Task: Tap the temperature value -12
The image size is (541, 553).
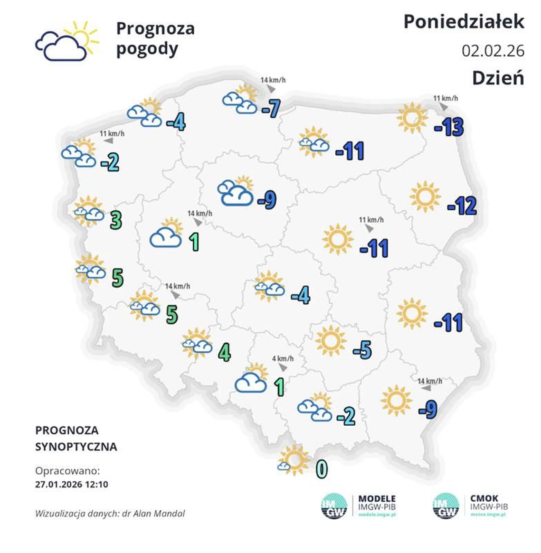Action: [462, 205]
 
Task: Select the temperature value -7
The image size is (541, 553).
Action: [270, 108]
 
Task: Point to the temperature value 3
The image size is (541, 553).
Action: [116, 220]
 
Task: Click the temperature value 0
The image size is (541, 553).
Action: [321, 469]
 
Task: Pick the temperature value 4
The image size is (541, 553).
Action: [224, 352]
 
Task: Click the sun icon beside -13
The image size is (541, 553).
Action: [412, 118]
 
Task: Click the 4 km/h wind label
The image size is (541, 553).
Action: [283, 359]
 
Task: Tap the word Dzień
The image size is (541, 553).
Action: [497, 77]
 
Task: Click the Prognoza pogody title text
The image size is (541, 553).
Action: [155, 39]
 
